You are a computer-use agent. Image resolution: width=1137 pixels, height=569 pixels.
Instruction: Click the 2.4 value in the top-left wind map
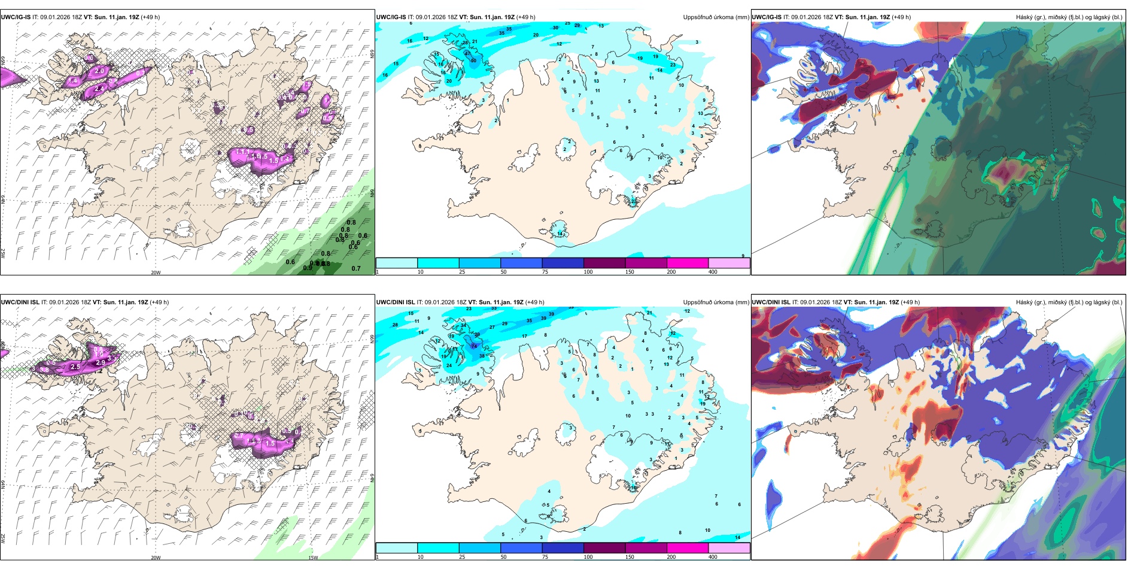tap(99, 89)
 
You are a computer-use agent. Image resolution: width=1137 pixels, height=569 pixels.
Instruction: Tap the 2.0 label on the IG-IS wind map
tap(99, 71)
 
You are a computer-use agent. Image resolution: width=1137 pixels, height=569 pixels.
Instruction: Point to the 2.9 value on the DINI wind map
tap(100, 362)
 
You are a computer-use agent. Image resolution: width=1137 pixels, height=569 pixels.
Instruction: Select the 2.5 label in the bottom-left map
tap(75, 367)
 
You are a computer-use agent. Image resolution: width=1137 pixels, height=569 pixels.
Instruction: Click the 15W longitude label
tap(312, 558)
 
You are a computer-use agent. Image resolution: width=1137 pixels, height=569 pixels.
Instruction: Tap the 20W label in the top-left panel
tap(156, 273)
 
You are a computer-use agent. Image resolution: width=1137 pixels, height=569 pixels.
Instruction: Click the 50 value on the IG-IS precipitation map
tap(473, 60)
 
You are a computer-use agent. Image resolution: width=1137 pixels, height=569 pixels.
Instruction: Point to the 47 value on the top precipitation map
tap(468, 53)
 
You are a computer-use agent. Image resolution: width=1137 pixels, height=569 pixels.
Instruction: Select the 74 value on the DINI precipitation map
tap(475, 346)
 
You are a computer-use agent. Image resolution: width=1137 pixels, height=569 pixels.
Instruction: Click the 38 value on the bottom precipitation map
tap(482, 356)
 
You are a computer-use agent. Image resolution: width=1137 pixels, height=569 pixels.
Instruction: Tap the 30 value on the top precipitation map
tap(555, 28)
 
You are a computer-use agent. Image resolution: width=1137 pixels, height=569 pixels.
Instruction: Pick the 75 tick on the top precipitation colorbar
tap(545, 272)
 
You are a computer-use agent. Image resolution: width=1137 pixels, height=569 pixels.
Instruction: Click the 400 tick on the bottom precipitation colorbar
tap(713, 557)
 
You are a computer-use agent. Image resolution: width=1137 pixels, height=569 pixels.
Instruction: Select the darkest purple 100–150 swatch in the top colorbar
tap(604, 263)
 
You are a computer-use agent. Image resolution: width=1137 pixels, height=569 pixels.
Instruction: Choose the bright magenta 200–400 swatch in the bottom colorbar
tap(688, 548)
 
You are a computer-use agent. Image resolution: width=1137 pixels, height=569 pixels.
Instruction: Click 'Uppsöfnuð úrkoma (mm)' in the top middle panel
tap(716, 17)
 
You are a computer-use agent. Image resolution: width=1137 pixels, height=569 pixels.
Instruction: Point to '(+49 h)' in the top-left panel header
tap(150, 17)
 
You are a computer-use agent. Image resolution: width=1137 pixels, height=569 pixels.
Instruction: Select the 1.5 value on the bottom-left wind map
tap(270, 444)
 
